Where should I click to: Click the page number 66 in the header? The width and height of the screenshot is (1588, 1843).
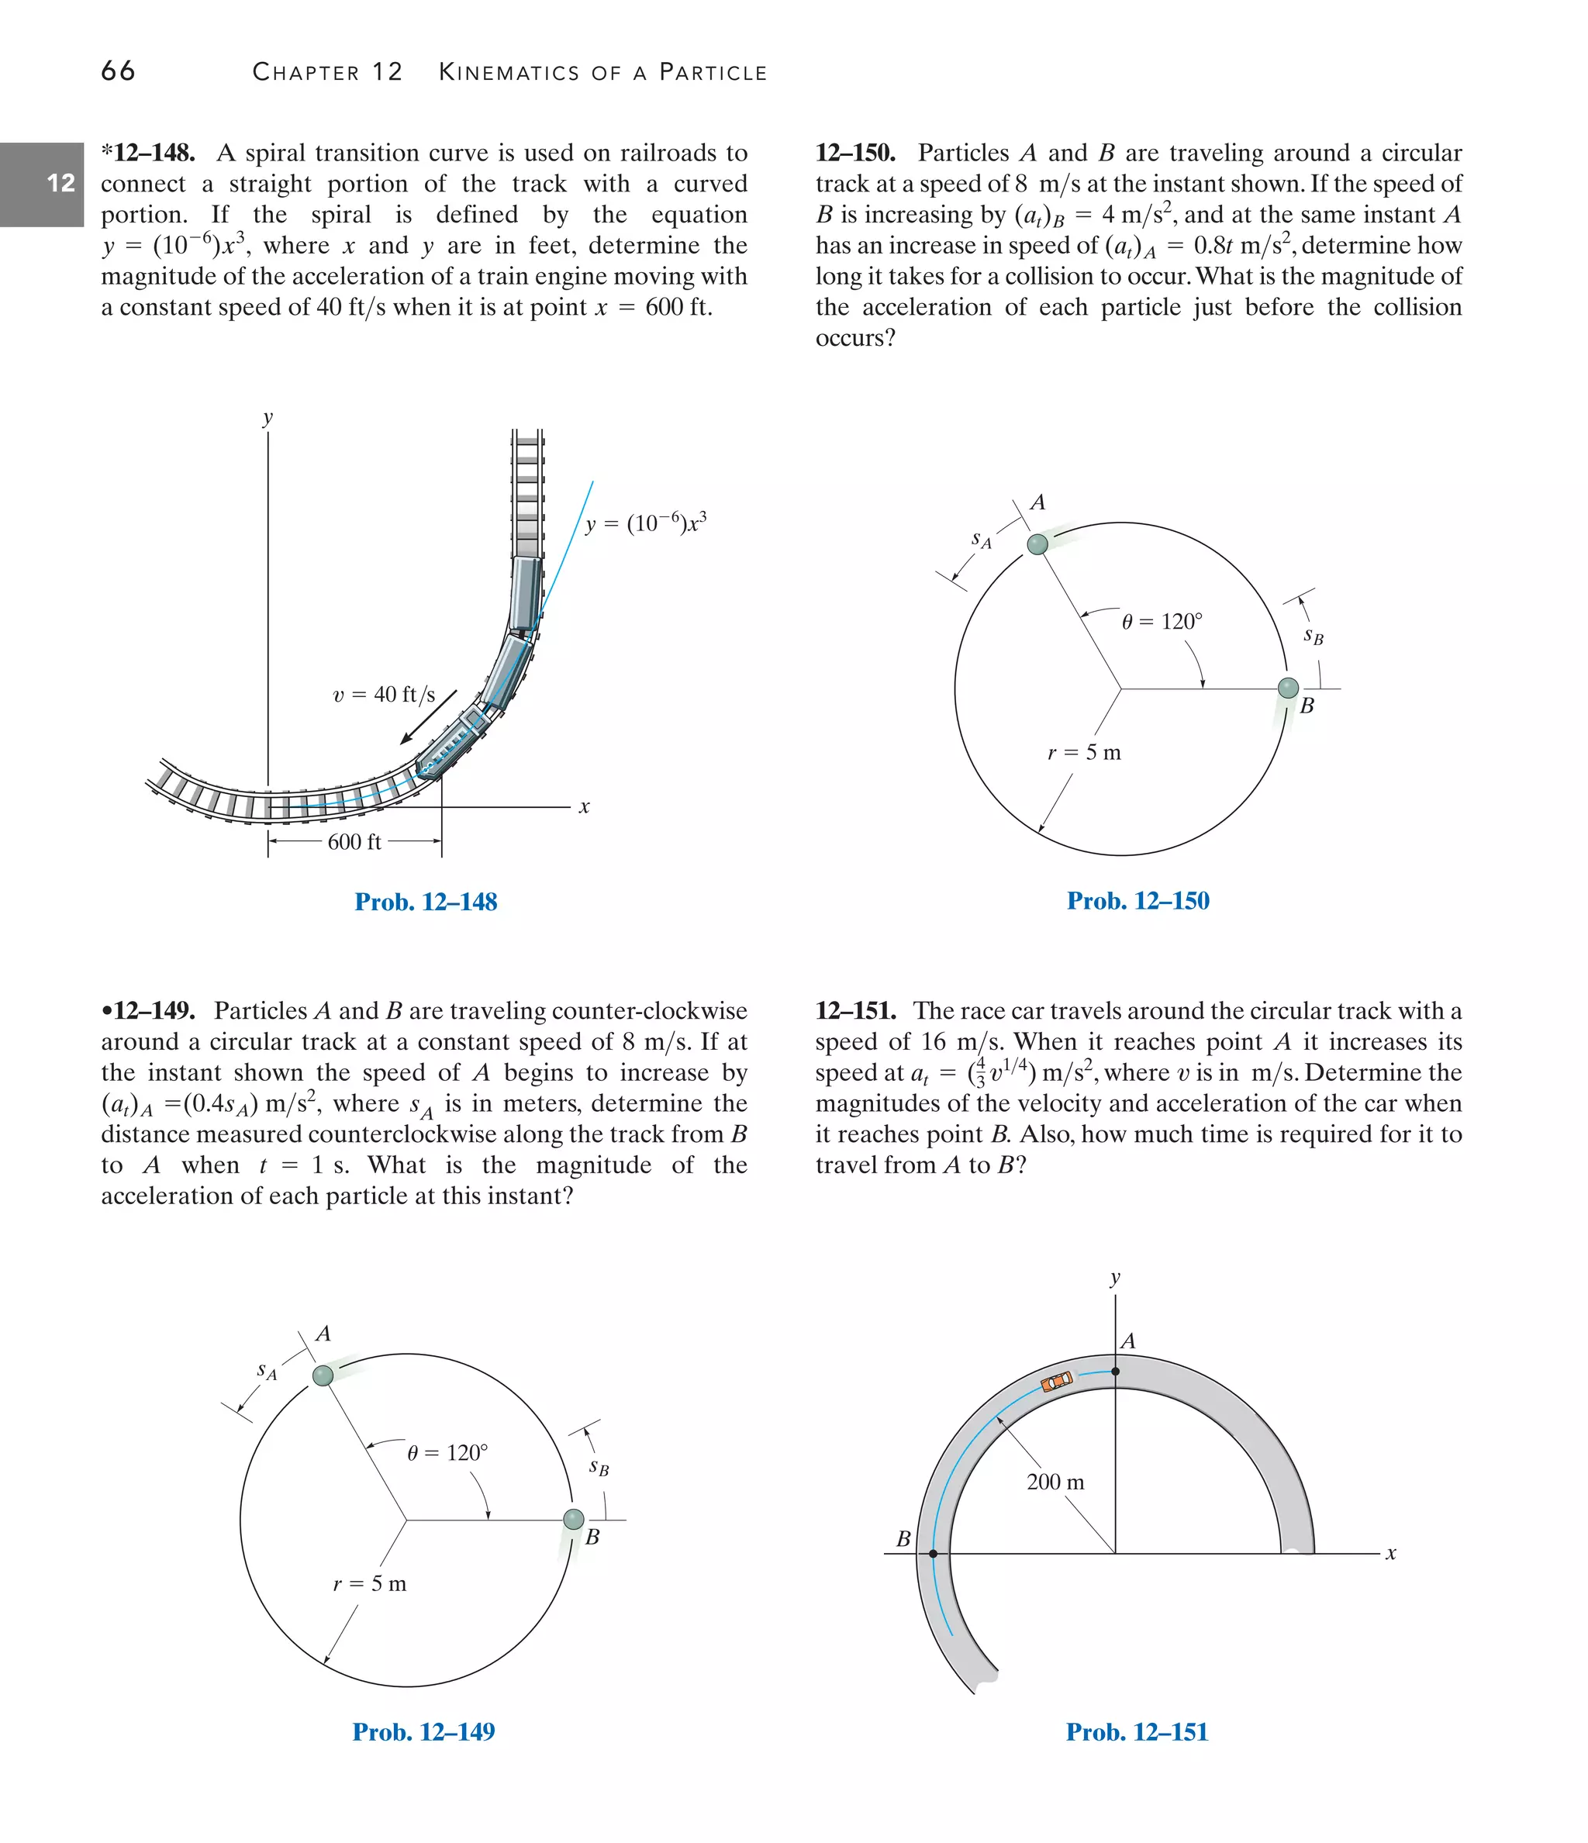[x=119, y=71]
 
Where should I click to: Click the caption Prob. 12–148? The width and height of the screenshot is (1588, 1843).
[x=425, y=902]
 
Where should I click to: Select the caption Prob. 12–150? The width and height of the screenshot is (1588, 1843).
[x=1137, y=901]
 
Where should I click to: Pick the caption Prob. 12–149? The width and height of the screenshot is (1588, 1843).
[x=423, y=1732]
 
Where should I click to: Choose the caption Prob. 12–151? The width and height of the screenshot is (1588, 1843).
[x=1137, y=1732]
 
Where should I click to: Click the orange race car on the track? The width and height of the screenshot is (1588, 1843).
[x=1057, y=1382]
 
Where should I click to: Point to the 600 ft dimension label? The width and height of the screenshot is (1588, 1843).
[x=354, y=842]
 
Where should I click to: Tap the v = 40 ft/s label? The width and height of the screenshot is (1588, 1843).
[x=385, y=695]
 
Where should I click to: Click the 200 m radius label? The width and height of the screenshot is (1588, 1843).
[x=1055, y=1482]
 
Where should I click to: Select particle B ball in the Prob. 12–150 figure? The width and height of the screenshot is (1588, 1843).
[x=1287, y=688]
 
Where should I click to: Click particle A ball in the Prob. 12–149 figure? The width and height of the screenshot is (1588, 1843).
[x=323, y=1376]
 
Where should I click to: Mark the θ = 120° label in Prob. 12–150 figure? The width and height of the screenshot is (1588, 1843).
[x=1161, y=622]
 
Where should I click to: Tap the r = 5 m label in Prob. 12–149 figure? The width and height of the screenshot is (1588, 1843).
[x=369, y=1584]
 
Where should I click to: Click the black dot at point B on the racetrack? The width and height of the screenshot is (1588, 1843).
[x=932, y=1554]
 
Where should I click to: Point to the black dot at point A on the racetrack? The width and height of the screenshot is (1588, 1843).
[x=1116, y=1372]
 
